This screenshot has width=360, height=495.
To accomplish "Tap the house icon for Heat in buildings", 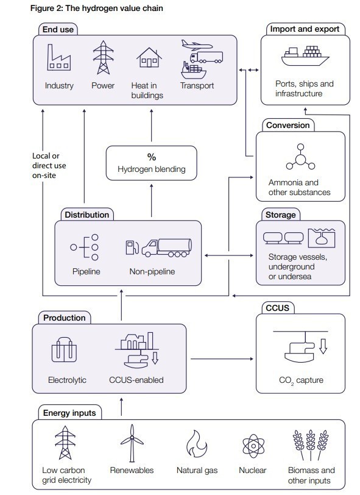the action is pos(149,57).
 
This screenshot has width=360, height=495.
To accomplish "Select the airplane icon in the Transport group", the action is pos(197,45).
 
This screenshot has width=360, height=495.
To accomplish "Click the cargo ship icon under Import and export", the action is pos(305,56).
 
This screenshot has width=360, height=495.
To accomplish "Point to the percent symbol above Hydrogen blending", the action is pos(152,157).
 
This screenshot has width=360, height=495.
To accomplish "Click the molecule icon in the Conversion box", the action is pos(300,157).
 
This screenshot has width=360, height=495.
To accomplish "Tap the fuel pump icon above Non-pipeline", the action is pos(132,247).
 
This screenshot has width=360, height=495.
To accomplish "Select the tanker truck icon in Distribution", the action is pos(166,248).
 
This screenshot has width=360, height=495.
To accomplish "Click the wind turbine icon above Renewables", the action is pos(132,443).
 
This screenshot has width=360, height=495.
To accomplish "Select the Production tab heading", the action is pos(65,318).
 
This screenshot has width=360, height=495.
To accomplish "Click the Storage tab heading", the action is pos(280,215).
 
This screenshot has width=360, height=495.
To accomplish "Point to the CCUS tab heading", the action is pos(277,308).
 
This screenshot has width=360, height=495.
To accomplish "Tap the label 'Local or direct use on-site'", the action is pos(49,165).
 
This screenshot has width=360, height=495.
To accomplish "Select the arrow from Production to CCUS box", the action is pos(222,359).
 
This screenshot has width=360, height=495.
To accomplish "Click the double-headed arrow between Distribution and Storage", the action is pos(229,255).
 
